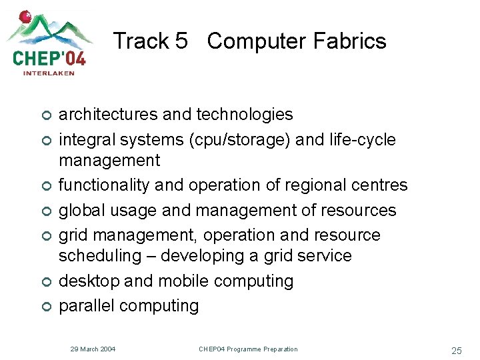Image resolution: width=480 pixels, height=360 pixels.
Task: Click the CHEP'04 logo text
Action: point(49,57)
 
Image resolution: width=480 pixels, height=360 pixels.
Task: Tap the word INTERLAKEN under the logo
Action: point(49,73)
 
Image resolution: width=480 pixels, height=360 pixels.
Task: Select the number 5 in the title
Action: point(181,41)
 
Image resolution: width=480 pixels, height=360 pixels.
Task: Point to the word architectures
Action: point(109,115)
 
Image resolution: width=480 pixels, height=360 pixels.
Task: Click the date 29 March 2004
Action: point(93,349)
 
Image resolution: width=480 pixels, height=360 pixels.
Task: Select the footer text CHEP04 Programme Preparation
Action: point(248,349)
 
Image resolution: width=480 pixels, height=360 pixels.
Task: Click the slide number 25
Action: point(456,350)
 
